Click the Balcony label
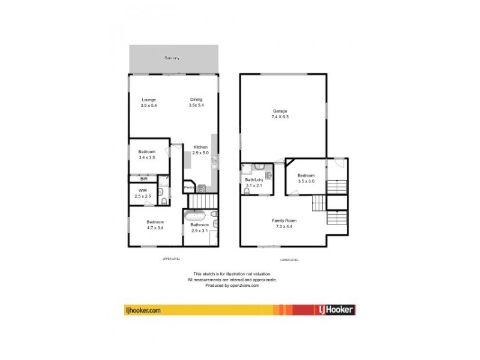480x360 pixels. [172, 58]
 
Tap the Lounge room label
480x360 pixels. [148, 100]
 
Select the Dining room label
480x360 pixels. [196, 100]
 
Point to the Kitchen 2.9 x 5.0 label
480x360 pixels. [200, 150]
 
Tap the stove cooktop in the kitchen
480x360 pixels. [202, 188]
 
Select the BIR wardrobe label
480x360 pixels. [143, 179]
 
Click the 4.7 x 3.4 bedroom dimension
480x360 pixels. [155, 229]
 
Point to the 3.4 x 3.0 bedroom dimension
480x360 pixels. [147, 157]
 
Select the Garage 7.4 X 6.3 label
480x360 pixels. [280, 114]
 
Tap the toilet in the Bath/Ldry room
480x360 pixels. [247, 190]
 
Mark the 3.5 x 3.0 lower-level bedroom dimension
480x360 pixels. [306, 181]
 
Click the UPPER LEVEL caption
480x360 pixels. [172, 259]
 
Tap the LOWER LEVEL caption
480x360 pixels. [289, 260]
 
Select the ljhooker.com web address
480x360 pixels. [143, 310]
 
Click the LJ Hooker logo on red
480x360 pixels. [335, 310]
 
